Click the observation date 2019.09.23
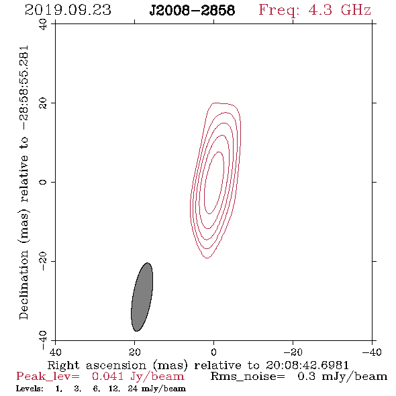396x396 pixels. pyautogui.click(x=68, y=10)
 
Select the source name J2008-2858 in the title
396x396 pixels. pyautogui.click(x=192, y=10)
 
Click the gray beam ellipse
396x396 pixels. pyautogui.click(x=142, y=297)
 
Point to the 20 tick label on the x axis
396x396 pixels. pyautogui.click(x=135, y=352)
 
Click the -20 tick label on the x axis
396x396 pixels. pyautogui.click(x=293, y=352)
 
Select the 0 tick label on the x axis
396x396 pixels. pyautogui.click(x=213, y=352)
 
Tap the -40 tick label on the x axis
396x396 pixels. pyautogui.click(x=372, y=352)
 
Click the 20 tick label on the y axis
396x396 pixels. pyautogui.click(x=43, y=103)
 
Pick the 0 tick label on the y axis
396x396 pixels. pyautogui.click(x=43, y=182)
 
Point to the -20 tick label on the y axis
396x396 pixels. pyautogui.click(x=43, y=261)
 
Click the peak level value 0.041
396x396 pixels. pyautogui.click(x=107, y=377)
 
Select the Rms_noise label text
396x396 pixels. pyautogui.click(x=248, y=377)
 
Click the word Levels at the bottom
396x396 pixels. pyautogui.click(x=30, y=389)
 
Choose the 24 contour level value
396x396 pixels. pyautogui.click(x=133, y=389)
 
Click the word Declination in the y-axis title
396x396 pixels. pyautogui.click(x=23, y=285)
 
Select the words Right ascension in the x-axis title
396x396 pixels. pyautogui.click(x=97, y=365)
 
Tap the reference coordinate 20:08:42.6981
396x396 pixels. pyautogui.click(x=307, y=365)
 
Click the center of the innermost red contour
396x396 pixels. pyautogui.click(x=213, y=183)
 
